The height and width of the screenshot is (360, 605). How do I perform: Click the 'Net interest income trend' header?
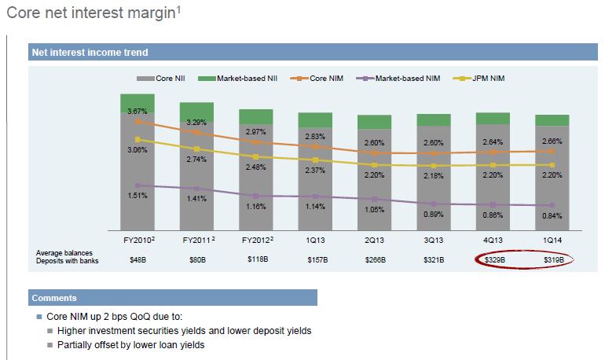coord(90,53)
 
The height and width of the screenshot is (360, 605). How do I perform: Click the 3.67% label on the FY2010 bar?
coord(137,112)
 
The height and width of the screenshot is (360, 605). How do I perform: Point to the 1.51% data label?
coord(137,196)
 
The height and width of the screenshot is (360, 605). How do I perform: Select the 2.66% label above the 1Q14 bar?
coord(552,141)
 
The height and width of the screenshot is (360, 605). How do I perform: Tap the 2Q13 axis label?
coord(374,237)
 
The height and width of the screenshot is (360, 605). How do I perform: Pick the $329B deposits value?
coord(493,259)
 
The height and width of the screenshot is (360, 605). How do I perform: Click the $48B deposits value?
coord(137,259)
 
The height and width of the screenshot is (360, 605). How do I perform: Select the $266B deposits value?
coord(375,259)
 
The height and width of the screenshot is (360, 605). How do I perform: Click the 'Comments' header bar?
coord(173,298)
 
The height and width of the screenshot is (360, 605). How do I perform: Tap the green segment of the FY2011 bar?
coord(196,112)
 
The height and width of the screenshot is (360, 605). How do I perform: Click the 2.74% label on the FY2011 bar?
coord(196,159)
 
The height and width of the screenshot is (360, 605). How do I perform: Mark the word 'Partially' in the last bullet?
coord(76,344)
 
